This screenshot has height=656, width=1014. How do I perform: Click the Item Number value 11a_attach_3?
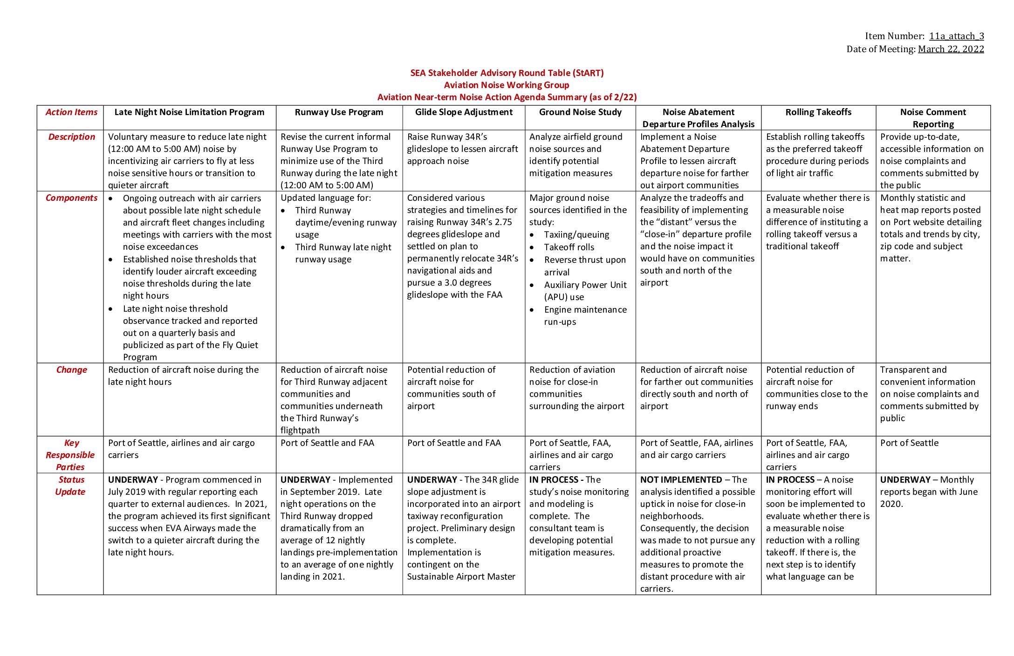click(956, 36)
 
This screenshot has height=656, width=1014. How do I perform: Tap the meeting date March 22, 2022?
click(951, 49)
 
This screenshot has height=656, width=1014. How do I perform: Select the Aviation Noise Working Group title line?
click(507, 85)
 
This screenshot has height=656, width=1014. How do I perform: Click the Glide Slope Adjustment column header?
click(464, 112)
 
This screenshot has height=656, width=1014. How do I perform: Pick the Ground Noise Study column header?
click(580, 112)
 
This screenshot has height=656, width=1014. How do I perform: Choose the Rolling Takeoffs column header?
click(818, 112)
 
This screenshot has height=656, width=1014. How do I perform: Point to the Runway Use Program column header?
click(339, 112)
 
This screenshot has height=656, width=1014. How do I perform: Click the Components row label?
click(71, 198)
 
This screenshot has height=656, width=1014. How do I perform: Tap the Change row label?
click(71, 370)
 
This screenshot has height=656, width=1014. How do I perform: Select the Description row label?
click(71, 137)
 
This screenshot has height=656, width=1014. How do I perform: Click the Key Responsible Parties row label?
click(70, 455)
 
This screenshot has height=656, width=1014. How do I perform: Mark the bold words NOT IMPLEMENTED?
click(681, 480)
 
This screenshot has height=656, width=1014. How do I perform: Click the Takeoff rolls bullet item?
click(569, 247)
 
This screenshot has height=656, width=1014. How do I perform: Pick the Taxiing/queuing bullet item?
click(576, 235)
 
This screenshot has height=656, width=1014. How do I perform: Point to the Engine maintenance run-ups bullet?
click(585, 316)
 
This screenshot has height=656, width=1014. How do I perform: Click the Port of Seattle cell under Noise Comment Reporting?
click(909, 443)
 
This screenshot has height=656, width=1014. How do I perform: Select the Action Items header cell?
click(71, 112)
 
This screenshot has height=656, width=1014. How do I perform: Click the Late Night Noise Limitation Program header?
click(189, 112)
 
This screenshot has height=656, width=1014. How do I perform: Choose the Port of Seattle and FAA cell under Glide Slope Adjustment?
click(454, 443)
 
